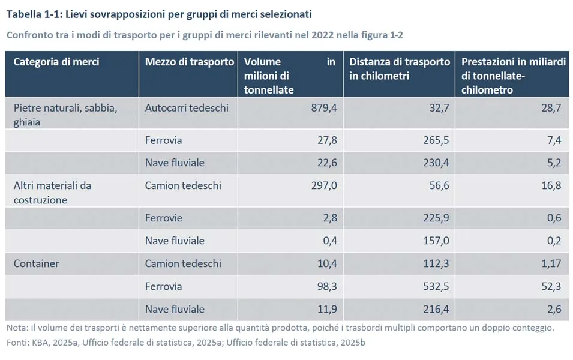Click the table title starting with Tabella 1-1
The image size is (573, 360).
(159, 13)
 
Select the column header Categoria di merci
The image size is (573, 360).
(56, 62)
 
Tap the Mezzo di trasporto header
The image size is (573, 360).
(190, 62)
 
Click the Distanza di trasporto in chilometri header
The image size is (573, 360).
(400, 69)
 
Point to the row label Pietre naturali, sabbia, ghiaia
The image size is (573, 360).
(65, 114)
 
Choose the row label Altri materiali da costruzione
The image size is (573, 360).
(52, 192)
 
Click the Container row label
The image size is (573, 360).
(37, 263)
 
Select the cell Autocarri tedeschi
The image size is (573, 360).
(187, 108)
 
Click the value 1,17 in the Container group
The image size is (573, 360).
(551, 263)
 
